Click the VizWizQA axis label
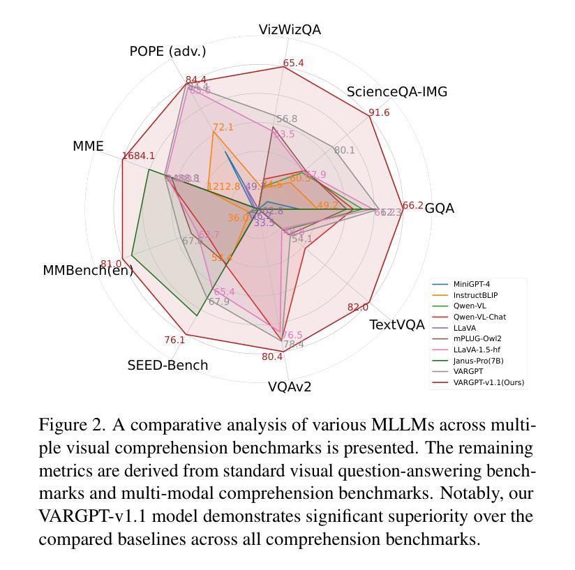(x=290, y=29)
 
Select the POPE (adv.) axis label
(x=167, y=52)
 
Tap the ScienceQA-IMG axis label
(x=396, y=92)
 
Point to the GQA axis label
(x=439, y=209)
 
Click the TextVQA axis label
(x=396, y=324)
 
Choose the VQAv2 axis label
(x=290, y=387)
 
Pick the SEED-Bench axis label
(x=167, y=365)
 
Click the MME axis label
(x=88, y=147)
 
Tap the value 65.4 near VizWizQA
(x=293, y=63)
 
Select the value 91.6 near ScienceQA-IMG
(x=379, y=113)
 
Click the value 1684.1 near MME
(x=138, y=156)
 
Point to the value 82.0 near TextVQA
(x=357, y=308)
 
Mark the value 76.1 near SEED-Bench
(x=174, y=340)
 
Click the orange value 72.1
(x=223, y=127)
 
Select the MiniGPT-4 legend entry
(x=476, y=284)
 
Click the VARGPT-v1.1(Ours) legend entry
(x=488, y=382)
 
